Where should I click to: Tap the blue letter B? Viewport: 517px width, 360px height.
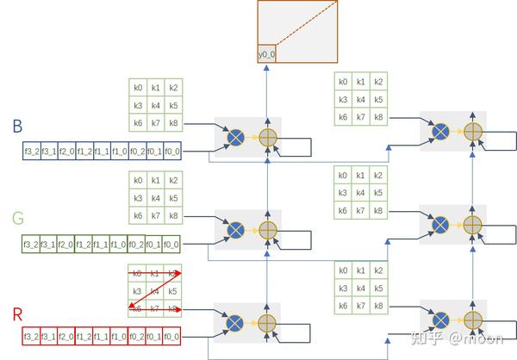(x=17, y=127)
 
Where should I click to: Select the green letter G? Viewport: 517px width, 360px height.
(x=17, y=219)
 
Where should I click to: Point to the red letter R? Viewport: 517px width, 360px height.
(x=17, y=312)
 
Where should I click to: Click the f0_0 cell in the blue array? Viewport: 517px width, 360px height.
(x=171, y=152)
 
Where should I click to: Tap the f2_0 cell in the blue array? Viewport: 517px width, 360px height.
(x=65, y=152)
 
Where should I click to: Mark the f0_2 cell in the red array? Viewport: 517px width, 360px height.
(x=136, y=336)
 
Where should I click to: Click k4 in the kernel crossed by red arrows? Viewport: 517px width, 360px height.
(x=155, y=291)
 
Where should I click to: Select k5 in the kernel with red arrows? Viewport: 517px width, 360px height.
(x=173, y=291)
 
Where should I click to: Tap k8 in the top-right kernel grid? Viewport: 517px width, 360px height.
(x=378, y=116)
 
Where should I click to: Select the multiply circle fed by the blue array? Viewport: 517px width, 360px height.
(x=234, y=136)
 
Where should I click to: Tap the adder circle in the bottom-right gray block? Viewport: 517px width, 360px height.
(x=471, y=317)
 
